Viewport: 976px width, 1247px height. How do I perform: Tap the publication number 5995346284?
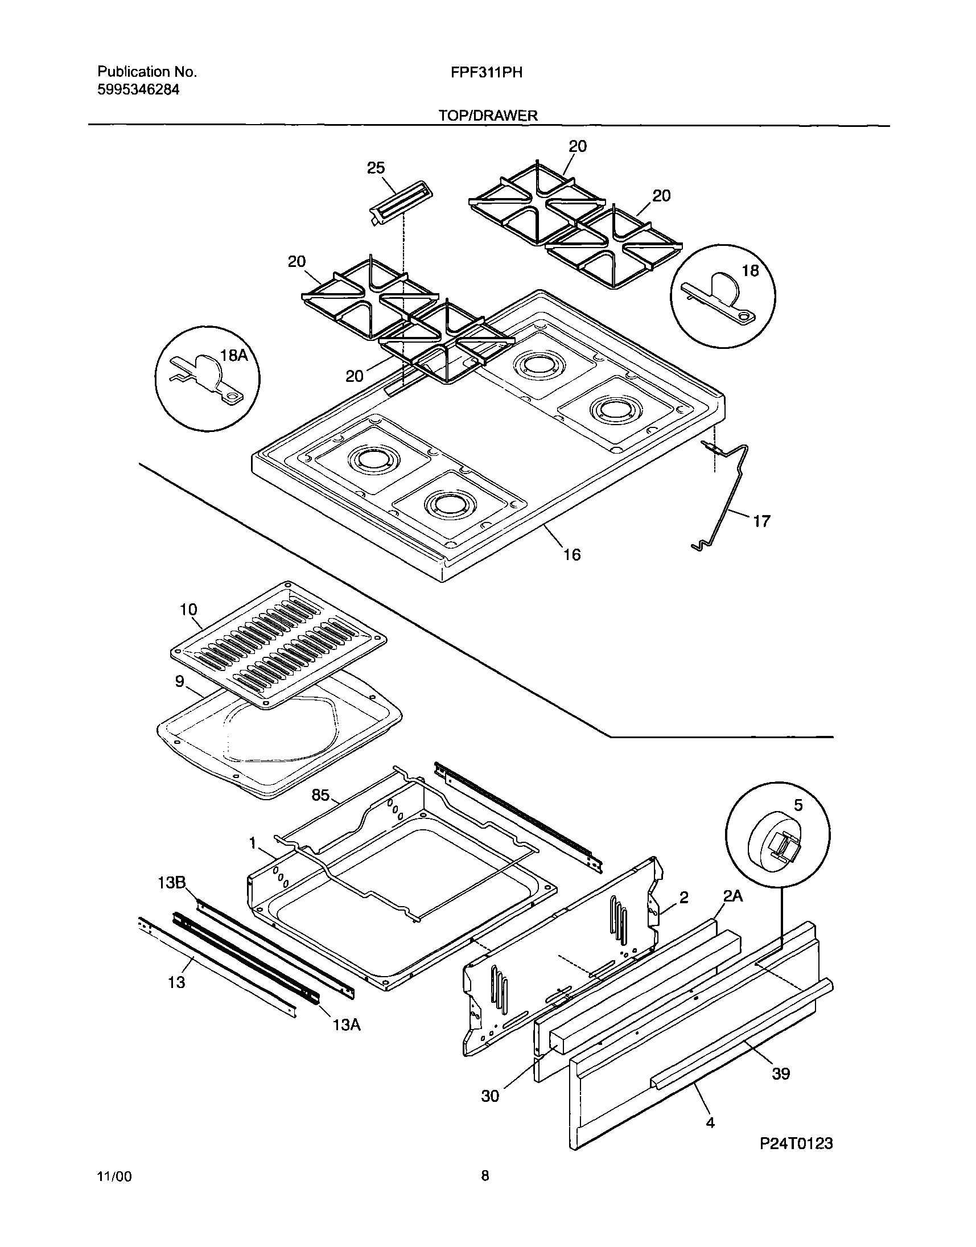click(x=138, y=90)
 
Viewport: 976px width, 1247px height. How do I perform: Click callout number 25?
click(x=376, y=168)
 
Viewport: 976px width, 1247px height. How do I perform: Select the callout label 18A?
click(x=234, y=356)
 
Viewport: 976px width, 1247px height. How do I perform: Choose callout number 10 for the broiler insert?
click(x=188, y=609)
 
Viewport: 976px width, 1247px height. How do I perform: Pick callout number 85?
click(x=320, y=795)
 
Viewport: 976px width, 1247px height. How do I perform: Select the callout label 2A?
click(x=733, y=896)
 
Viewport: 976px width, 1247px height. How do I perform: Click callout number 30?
click(x=491, y=1096)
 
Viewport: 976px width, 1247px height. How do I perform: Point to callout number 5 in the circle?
click(x=798, y=805)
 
